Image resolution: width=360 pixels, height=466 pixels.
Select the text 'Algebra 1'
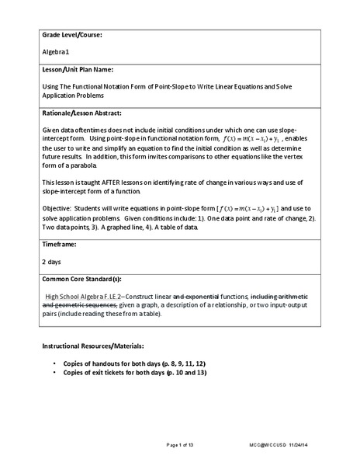pyautogui.click(x=55, y=53)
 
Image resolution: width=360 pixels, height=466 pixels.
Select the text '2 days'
pyautogui.click(x=52, y=262)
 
